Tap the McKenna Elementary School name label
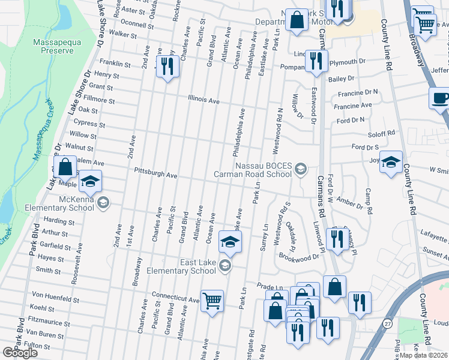[x=76, y=203]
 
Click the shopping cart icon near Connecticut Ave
[x=212, y=300]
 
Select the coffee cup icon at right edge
[x=439, y=98]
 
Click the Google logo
[x=20, y=353]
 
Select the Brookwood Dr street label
[x=299, y=256]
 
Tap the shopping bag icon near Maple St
[x=65, y=166]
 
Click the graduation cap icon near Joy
[x=391, y=162]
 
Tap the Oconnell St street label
[x=137, y=25]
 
